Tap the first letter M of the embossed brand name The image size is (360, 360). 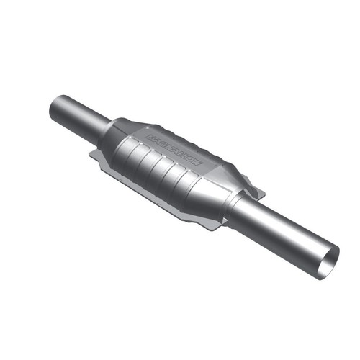[150, 134]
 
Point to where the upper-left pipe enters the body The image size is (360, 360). [104, 130]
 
